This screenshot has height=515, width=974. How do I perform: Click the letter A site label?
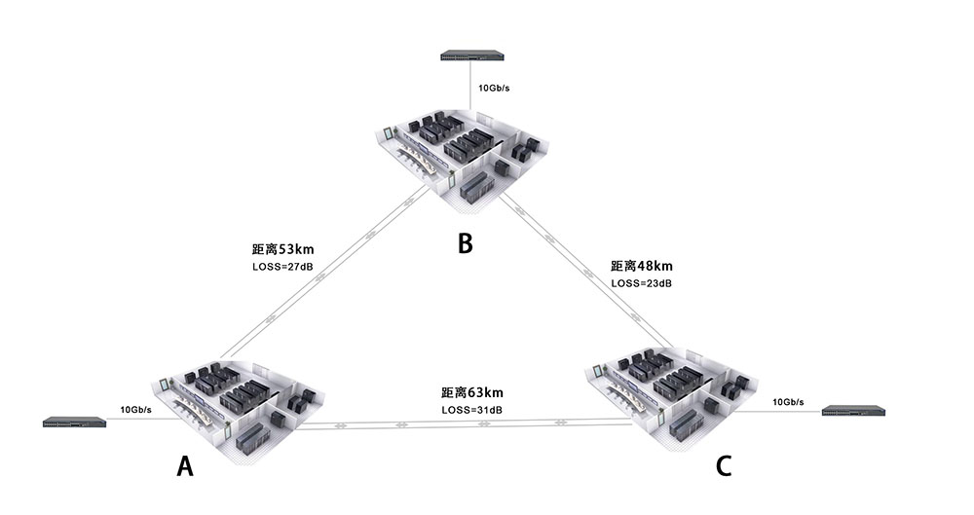[x=185, y=467]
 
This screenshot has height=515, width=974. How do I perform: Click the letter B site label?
[x=465, y=242]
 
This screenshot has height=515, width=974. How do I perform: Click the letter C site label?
[x=724, y=466]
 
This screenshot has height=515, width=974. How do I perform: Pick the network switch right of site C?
[x=853, y=411]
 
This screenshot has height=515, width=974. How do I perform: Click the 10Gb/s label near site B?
[x=494, y=88]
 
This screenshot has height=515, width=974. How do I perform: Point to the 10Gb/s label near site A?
[x=135, y=410]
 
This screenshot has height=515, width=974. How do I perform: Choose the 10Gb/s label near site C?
[x=788, y=401]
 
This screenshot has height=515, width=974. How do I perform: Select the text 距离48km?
[x=642, y=266]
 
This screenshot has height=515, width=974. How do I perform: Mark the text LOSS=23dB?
[x=641, y=282]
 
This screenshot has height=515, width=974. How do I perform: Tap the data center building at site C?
[x=672, y=399]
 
